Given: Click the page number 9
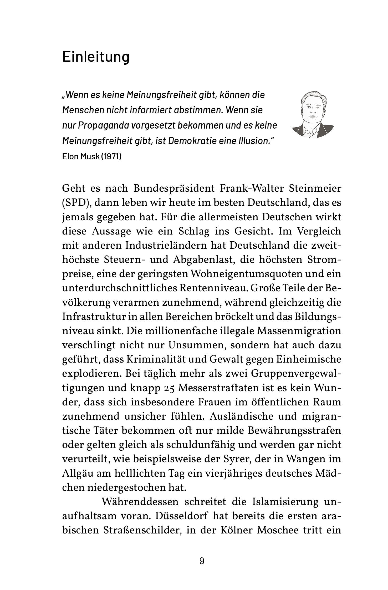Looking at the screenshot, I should pyautogui.click(x=202, y=561).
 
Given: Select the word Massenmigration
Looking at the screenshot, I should pyautogui.click(x=299, y=331).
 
